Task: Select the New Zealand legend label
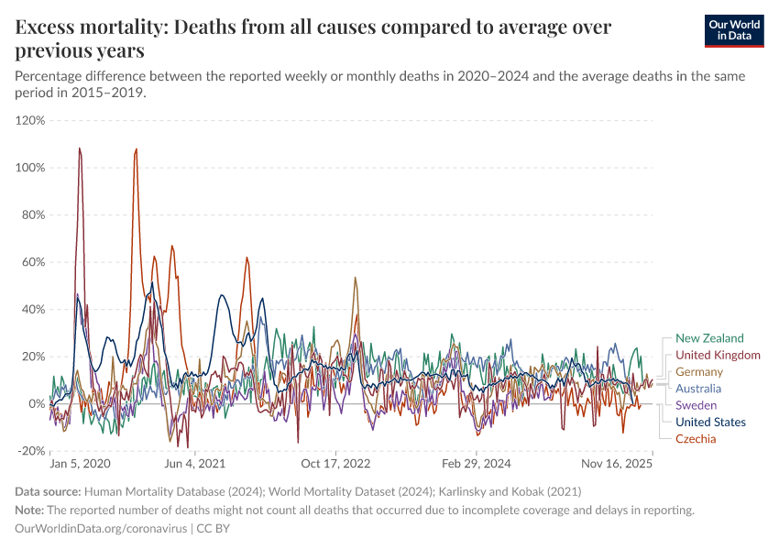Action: pos(709,338)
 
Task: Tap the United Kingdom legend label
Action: pos(718,355)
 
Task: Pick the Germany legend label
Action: pos(698,371)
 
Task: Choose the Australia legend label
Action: pos(698,388)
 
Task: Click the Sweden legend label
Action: pos(696,405)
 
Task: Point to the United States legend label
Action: pos(710,422)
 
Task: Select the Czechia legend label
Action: pos(696,438)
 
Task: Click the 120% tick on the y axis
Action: pos(30,120)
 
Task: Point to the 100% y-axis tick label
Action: pos(30,168)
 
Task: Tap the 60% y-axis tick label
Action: pos(33,262)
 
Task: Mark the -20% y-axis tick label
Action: pos(31,451)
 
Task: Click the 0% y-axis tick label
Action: pos(37,403)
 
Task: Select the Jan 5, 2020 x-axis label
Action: pos(80,465)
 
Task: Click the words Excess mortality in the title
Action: pos(89,27)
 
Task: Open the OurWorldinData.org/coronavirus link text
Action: pos(102,529)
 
